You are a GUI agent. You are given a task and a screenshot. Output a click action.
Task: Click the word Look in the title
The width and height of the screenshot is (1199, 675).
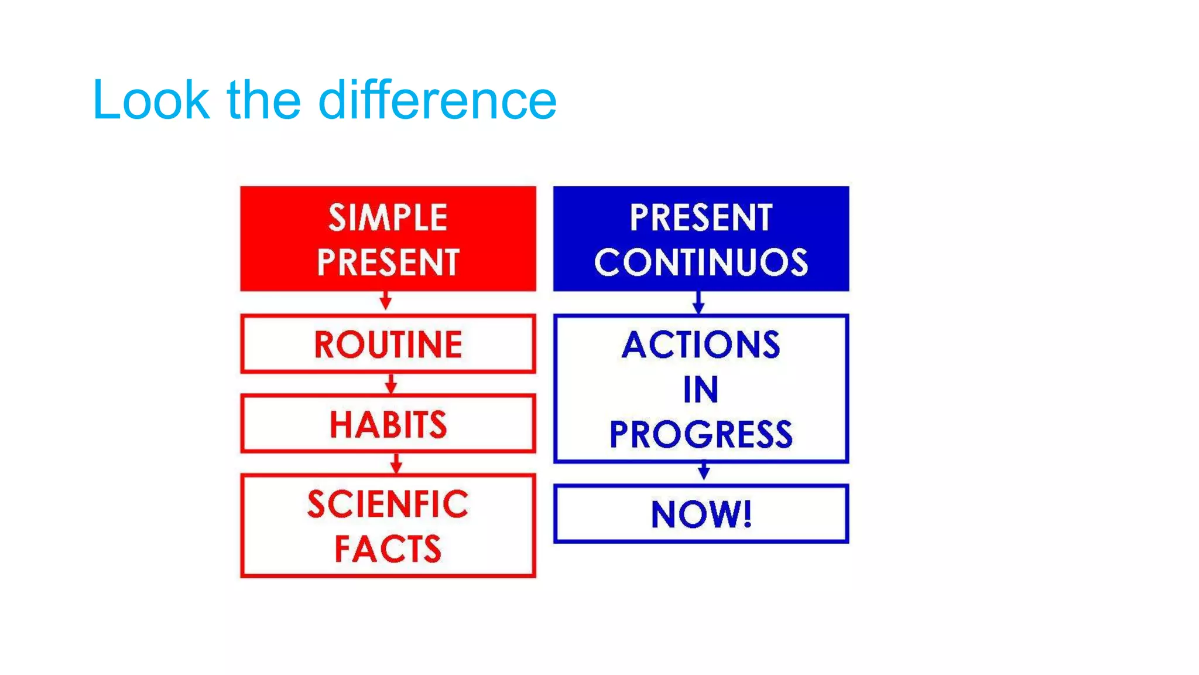[151, 101]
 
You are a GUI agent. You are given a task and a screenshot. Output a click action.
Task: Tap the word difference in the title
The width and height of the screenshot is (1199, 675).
[437, 101]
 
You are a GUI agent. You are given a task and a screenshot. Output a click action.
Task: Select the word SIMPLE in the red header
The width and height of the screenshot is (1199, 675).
[388, 218]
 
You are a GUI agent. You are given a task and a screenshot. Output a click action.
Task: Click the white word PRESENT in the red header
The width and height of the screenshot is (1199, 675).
[388, 262]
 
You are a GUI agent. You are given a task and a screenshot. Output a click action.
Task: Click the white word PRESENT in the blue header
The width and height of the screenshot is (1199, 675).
[701, 218]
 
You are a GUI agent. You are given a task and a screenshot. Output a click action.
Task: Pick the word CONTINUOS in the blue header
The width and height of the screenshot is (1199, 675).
[701, 262]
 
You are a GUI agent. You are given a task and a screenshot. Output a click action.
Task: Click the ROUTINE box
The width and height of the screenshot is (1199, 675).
[388, 344]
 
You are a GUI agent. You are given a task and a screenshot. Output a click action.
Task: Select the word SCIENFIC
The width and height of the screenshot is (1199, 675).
[388, 504]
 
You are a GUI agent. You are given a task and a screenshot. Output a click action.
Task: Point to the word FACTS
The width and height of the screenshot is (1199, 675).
[388, 549]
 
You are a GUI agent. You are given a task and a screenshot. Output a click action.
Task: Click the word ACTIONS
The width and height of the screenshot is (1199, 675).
[701, 345]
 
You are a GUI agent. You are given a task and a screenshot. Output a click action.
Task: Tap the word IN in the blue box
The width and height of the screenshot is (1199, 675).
[701, 390]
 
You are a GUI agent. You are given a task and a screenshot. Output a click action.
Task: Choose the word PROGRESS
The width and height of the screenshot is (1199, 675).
[701, 435]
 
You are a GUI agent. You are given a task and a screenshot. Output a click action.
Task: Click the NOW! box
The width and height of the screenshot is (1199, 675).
[701, 514]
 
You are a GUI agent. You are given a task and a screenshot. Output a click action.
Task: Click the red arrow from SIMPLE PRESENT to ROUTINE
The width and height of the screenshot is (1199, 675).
[385, 301]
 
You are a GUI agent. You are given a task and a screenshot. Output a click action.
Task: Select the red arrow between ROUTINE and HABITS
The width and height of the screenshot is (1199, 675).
[391, 384]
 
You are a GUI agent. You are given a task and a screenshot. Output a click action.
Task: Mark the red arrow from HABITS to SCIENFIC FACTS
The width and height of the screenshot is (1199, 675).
[396, 463]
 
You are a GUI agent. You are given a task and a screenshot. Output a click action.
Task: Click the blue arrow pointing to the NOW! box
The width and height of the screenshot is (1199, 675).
[704, 471]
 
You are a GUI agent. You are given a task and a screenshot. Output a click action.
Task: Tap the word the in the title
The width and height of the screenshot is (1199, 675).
[263, 101]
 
